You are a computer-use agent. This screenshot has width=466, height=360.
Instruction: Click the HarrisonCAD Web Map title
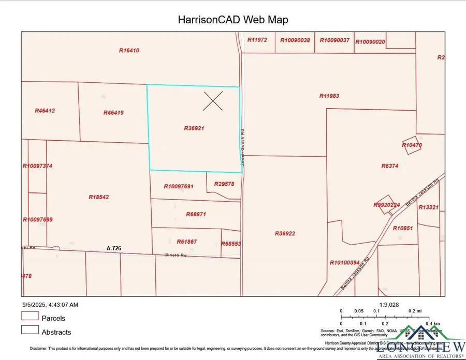(232, 20)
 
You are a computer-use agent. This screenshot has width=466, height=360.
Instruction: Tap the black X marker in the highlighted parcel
(213, 101)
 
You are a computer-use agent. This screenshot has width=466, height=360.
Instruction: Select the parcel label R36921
(194, 128)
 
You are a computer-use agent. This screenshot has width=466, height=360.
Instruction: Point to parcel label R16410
(129, 51)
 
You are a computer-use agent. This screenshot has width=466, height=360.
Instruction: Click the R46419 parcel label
(113, 113)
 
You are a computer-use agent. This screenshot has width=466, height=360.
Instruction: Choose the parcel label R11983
(329, 96)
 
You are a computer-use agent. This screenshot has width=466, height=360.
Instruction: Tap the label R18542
(98, 197)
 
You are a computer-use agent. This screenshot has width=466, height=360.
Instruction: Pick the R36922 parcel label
(285, 233)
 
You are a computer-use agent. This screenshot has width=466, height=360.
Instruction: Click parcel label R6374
(390, 166)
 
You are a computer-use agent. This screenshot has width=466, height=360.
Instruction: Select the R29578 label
(224, 184)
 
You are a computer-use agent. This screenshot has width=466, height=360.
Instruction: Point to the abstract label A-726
(113, 249)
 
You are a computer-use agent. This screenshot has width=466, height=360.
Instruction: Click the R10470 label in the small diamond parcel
(412, 145)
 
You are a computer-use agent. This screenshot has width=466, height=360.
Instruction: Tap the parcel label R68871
(196, 214)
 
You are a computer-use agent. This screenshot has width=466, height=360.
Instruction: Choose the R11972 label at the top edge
(257, 40)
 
